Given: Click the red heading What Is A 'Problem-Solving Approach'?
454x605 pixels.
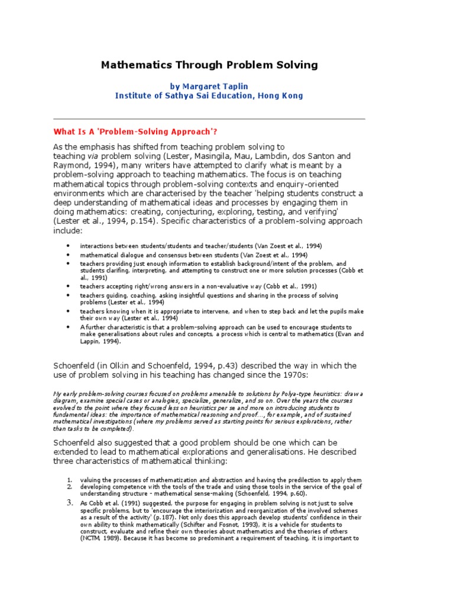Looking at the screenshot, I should tap(139, 131).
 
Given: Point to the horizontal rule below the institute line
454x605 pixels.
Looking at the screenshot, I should tap(209, 119).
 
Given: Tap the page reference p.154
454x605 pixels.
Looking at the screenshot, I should tap(142, 222).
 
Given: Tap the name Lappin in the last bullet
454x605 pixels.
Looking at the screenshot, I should tap(92, 341).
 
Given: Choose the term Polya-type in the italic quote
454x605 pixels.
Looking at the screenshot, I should tap(274, 393).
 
